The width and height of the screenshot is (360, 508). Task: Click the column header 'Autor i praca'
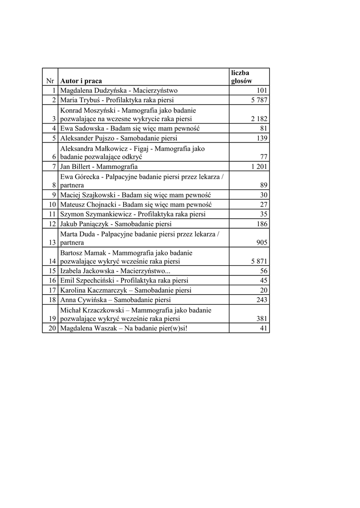point(82,81)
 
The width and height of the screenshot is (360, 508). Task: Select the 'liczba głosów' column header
point(241,77)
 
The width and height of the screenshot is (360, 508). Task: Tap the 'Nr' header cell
point(50,81)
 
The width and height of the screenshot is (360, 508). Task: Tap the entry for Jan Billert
point(98,167)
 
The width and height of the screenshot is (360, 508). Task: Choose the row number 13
point(52,243)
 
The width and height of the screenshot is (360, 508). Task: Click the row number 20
point(52,328)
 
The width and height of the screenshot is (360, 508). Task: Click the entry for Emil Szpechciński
point(124,281)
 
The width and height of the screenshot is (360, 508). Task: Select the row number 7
point(53,167)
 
